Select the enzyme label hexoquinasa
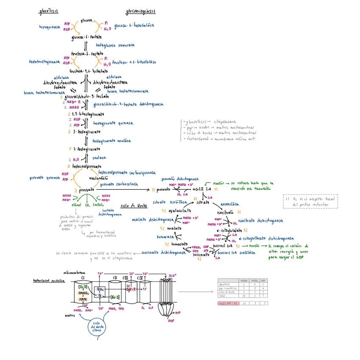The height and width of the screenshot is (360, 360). tap(50, 26)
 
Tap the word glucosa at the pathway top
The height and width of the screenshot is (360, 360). tap(87, 20)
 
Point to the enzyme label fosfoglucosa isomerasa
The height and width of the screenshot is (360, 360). tap(115, 45)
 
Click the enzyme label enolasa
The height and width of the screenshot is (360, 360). tap(99, 157)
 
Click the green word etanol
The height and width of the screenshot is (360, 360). tap(76, 205)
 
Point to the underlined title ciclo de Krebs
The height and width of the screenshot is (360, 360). tap(134, 205)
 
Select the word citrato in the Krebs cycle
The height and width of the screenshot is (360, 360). tap(203, 202)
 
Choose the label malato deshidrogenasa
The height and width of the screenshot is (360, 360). tap(153, 219)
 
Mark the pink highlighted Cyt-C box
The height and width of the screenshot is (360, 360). tap(130, 289)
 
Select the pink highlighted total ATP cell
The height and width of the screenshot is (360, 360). tap(228, 303)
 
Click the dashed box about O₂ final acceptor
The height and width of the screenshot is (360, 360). tap(310, 201)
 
